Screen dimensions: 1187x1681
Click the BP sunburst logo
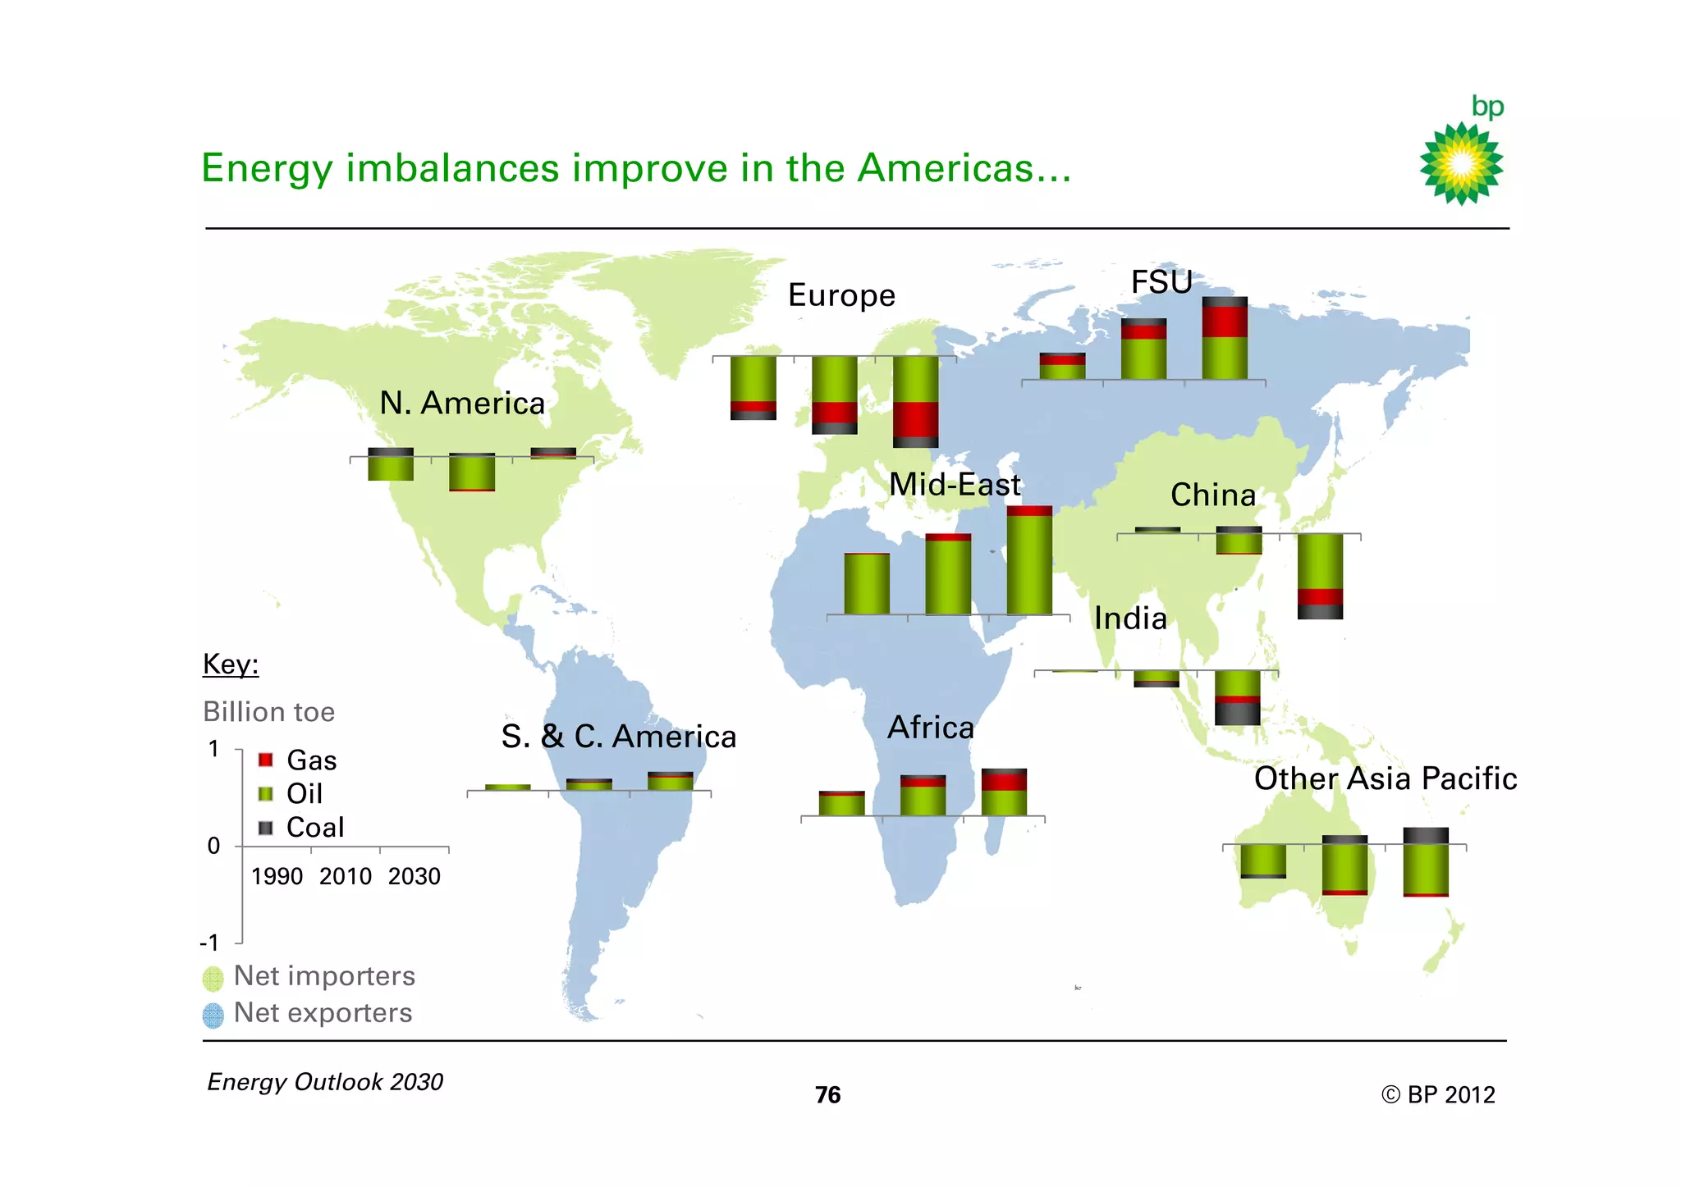pyautogui.click(x=1461, y=163)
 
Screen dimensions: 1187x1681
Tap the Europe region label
pyautogui.click(x=841, y=295)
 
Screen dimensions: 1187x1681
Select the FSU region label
pyautogui.click(x=1161, y=282)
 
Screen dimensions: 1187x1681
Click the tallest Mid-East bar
pyautogui.click(x=1029, y=560)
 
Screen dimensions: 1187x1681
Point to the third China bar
pyautogui.click(x=1320, y=576)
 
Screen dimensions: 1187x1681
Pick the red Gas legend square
pyautogui.click(x=265, y=760)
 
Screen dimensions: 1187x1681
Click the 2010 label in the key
pyautogui.click(x=346, y=877)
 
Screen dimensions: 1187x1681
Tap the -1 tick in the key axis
pyautogui.click(x=210, y=943)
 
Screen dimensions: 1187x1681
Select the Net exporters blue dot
pyautogui.click(x=213, y=1016)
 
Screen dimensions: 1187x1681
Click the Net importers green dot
pyautogui.click(x=213, y=978)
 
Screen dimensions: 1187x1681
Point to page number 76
pyautogui.click(x=827, y=1095)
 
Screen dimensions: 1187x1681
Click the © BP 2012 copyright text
pyautogui.click(x=1438, y=1095)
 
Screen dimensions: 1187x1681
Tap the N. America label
pyautogui.click(x=462, y=404)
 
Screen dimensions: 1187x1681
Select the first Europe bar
pyautogui.click(x=753, y=388)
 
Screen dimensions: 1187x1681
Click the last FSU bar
pyautogui.click(x=1225, y=338)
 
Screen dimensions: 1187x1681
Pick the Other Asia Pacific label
pyautogui.click(x=1385, y=778)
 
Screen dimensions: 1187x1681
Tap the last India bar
pyautogui.click(x=1237, y=697)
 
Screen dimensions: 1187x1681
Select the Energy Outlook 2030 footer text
pyautogui.click(x=325, y=1082)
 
